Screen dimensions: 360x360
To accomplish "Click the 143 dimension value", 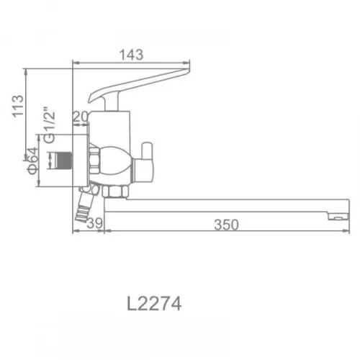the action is coord(132,55).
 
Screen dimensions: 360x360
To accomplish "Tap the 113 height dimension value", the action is coord(18,107).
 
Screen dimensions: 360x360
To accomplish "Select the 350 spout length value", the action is coord(226,225).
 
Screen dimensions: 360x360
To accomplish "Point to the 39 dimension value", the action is coord(94,223).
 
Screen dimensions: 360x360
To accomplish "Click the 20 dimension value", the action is coord(80,117).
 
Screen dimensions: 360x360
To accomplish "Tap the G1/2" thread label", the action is coord(50,125).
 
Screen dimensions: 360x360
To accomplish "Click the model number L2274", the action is coord(154,304).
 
